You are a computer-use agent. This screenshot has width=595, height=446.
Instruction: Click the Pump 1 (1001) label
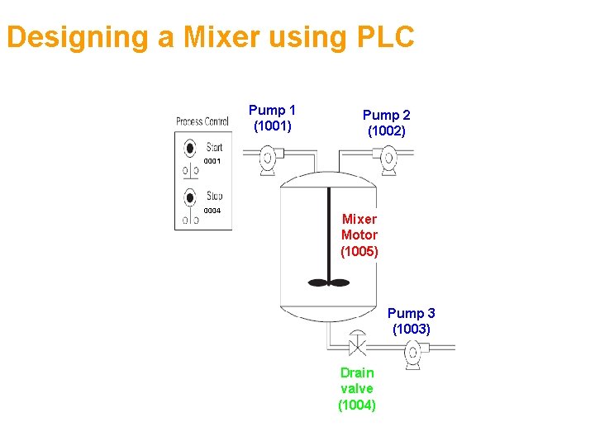click(272, 117)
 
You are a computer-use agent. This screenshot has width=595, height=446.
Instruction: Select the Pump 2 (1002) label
click(386, 123)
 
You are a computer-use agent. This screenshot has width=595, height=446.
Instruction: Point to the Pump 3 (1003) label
click(411, 320)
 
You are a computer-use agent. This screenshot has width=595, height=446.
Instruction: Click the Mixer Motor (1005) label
click(359, 235)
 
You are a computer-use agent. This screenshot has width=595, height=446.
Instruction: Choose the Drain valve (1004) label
click(357, 388)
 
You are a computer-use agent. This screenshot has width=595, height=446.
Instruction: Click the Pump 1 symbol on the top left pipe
click(269, 158)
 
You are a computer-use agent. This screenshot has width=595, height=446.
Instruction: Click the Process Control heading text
click(202, 122)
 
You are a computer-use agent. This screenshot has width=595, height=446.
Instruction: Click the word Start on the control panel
click(215, 148)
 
